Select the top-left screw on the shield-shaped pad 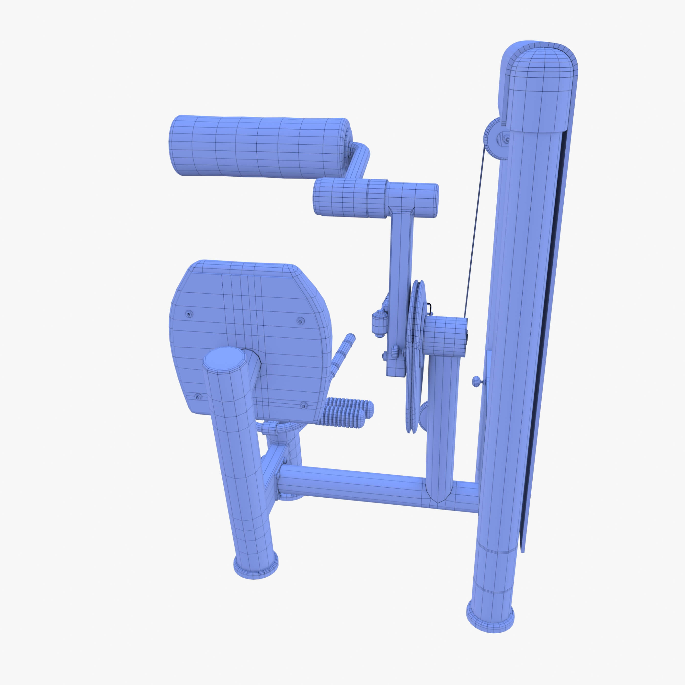[x=189, y=314]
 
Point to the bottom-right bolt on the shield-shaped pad [x=304, y=405]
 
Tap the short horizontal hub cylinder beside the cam [x=445, y=337]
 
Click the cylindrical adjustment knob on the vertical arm [x=379, y=323]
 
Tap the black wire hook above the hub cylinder [x=430, y=308]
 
